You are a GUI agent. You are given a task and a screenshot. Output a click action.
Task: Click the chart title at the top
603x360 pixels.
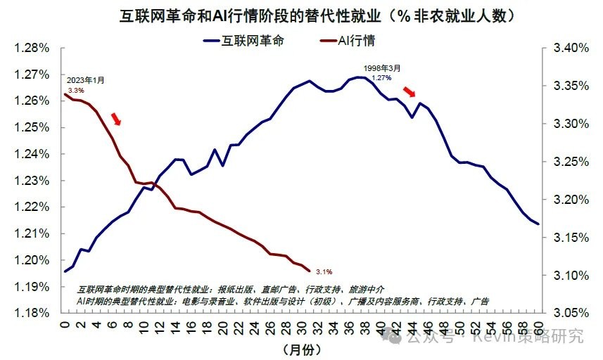tap(301, 14)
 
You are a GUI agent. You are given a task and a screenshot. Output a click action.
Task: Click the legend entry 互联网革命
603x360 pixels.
tap(253, 41)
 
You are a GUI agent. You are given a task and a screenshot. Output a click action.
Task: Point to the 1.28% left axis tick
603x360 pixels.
tap(31, 48)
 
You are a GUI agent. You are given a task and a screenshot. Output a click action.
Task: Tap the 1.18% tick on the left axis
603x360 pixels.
tap(31, 313)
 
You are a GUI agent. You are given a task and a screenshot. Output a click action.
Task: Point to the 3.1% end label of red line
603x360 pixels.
tap(324, 271)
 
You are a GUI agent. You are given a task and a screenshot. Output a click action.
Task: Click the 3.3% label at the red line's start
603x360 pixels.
tap(76, 91)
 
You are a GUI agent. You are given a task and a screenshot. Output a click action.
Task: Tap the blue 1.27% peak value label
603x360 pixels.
tap(381, 77)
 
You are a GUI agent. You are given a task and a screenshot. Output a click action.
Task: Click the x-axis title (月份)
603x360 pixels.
tap(302, 349)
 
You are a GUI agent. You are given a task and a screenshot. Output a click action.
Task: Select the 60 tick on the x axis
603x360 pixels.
tap(538, 327)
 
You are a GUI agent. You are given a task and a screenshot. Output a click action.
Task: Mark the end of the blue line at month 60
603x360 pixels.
tap(538, 224)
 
